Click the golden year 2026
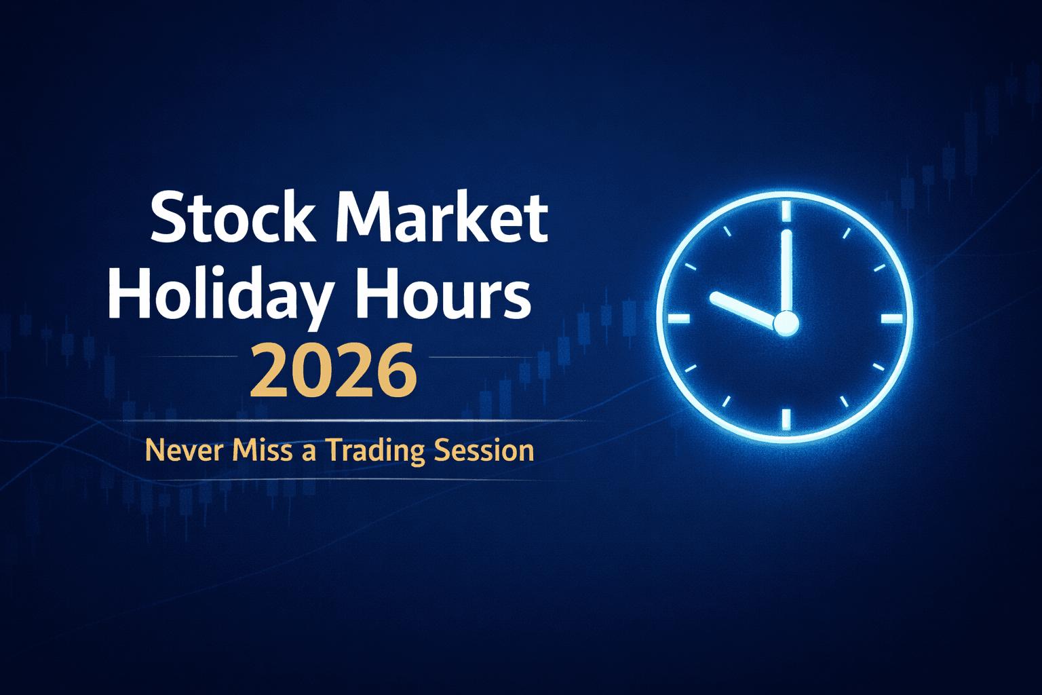click(x=332, y=371)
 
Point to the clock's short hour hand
click(x=744, y=309)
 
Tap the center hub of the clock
click(x=786, y=323)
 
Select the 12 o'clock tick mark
click(x=786, y=210)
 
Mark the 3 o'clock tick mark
click(x=891, y=318)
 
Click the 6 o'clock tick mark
click(x=786, y=419)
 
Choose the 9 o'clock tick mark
click(x=679, y=318)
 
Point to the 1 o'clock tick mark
click(x=846, y=233)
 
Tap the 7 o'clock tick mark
click(x=726, y=401)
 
